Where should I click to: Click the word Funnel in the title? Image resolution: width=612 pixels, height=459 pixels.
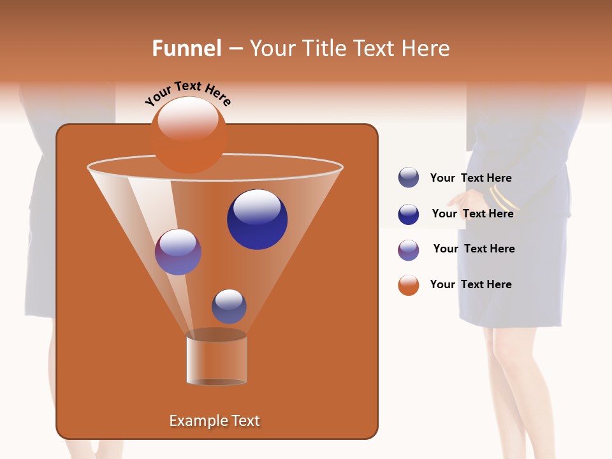tap(186, 48)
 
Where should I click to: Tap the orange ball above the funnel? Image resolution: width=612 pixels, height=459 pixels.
tap(189, 135)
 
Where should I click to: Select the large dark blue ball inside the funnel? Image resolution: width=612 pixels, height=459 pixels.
tap(257, 219)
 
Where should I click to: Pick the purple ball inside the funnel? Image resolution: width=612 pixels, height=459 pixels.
tap(178, 252)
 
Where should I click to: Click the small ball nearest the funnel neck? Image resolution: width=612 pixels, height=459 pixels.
tap(229, 306)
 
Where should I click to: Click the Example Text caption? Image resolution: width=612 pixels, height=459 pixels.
tap(215, 421)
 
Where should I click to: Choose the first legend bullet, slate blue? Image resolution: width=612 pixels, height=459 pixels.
tap(409, 178)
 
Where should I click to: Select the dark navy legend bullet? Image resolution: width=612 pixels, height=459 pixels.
tap(409, 214)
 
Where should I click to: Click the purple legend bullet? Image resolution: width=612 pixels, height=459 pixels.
tap(409, 250)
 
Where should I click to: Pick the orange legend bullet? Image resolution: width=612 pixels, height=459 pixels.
tap(409, 285)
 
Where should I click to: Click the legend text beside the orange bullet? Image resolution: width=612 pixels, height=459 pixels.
tap(470, 284)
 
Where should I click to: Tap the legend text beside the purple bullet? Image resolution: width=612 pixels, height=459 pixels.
tap(474, 249)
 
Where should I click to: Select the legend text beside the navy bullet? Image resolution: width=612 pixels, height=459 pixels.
tap(472, 214)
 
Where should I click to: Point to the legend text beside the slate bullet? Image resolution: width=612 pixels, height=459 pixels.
tap(470, 178)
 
